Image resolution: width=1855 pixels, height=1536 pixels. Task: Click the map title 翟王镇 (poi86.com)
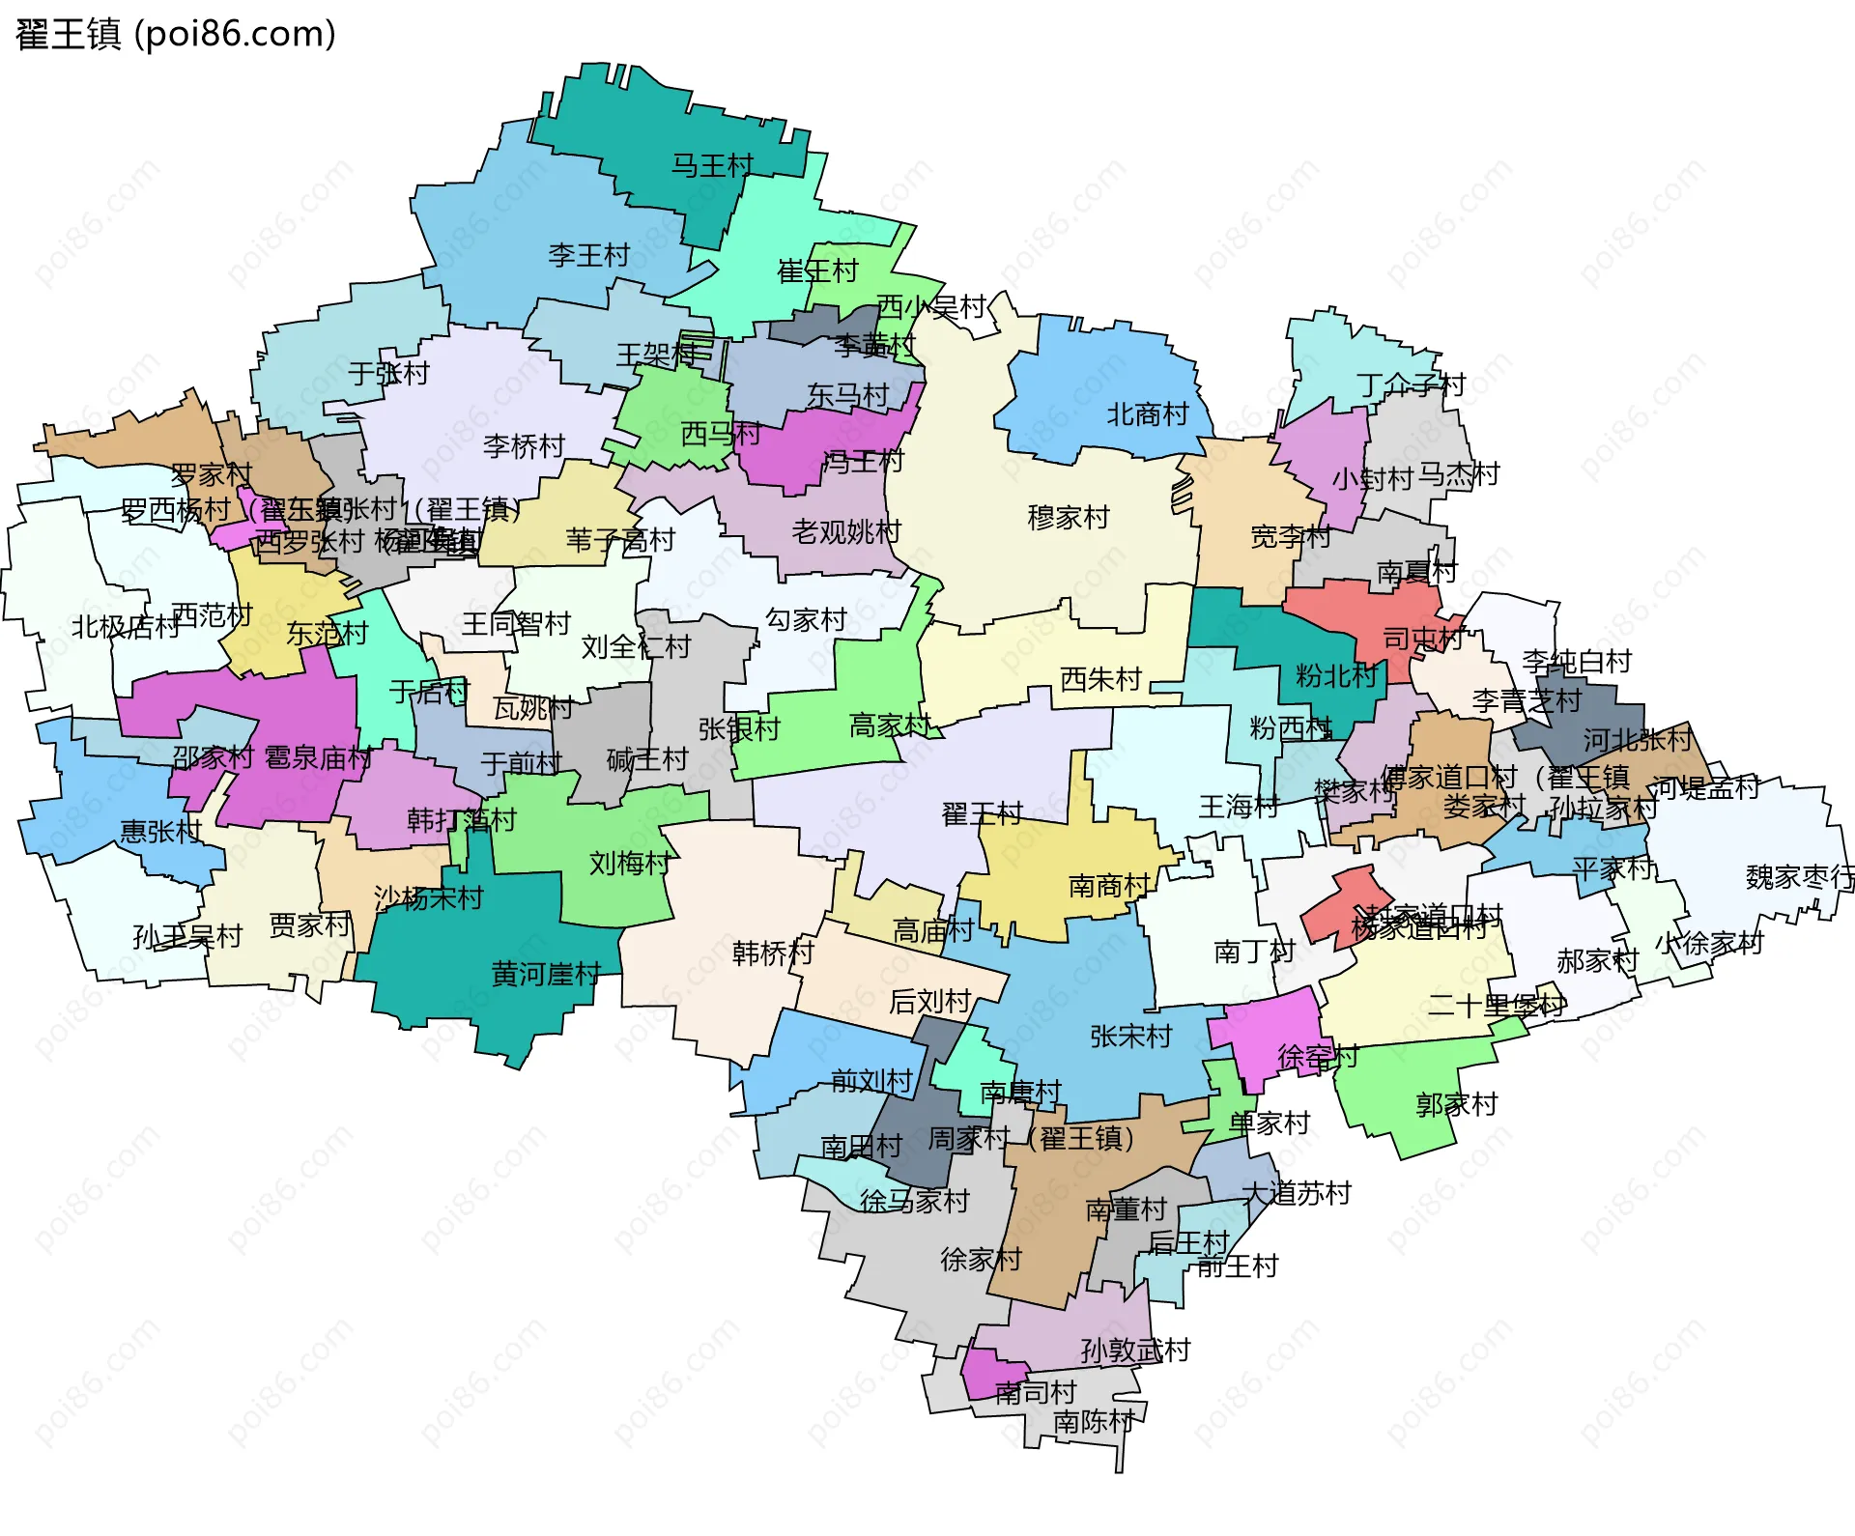tap(176, 35)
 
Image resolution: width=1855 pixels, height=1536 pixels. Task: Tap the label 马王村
tap(712, 166)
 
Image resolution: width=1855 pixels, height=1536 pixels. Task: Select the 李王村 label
tap(588, 256)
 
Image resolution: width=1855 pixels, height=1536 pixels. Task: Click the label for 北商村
tap(1147, 415)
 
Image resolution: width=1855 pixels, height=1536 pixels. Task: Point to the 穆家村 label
tap(1068, 518)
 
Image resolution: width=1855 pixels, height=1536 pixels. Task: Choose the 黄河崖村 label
tap(546, 974)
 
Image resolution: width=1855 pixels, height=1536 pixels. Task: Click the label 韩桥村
tap(773, 953)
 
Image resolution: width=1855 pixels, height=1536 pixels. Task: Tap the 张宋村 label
tap(1130, 1037)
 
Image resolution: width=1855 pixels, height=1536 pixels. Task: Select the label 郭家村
tap(1456, 1104)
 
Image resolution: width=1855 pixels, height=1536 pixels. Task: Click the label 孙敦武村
tap(1135, 1351)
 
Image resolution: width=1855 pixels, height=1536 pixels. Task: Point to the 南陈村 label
tap(1093, 1422)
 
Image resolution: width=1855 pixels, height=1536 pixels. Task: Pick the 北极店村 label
tap(126, 628)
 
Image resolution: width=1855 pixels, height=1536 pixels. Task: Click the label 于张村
tap(388, 374)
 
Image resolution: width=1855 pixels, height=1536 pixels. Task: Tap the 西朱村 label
tap(1100, 680)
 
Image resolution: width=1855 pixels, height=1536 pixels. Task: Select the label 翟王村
tap(982, 814)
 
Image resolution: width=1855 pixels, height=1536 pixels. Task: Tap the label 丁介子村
tap(1411, 386)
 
